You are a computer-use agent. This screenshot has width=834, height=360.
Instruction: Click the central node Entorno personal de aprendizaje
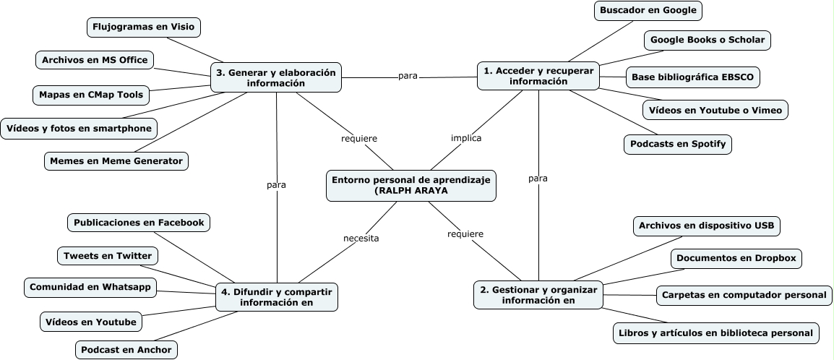[x=411, y=184]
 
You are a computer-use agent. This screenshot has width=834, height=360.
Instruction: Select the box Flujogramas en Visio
[x=144, y=27]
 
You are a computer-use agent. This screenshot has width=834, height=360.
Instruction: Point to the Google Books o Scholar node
[x=707, y=40]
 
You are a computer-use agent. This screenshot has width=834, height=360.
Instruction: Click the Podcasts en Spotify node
[x=678, y=144]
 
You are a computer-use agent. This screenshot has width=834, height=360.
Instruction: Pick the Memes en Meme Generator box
[x=116, y=160]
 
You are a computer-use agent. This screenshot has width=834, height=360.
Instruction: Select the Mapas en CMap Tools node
[x=91, y=94]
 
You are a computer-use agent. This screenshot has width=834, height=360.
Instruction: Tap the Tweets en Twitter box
[x=108, y=256]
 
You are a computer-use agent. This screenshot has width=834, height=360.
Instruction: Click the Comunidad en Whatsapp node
[x=90, y=287]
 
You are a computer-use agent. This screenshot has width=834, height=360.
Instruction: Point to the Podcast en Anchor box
[x=126, y=350]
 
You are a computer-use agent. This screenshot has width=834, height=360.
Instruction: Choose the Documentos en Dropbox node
[x=736, y=258]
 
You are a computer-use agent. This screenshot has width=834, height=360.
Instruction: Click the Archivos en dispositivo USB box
[x=706, y=226]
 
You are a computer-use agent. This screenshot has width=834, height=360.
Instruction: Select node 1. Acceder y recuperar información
[x=538, y=76]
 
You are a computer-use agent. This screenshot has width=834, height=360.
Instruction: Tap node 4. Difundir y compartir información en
[x=277, y=297]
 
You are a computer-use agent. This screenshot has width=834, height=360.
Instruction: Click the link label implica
[x=466, y=137]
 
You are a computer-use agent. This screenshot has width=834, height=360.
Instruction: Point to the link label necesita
[x=361, y=237]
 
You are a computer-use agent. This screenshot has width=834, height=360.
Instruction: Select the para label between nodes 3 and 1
[x=408, y=75]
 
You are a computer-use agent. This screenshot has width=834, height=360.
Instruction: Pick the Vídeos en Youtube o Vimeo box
[x=714, y=110]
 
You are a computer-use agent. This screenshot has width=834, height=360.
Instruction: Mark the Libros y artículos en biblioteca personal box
[x=715, y=333]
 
